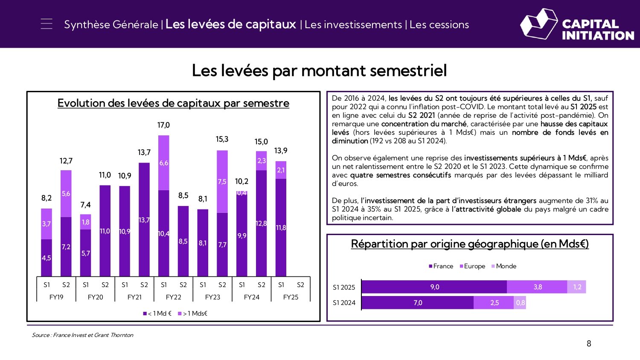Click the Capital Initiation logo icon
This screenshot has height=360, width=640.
pyautogui.click(x=538, y=24)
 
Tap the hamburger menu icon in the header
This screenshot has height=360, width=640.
pyautogui.click(x=47, y=24)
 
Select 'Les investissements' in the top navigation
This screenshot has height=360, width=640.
pyautogui.click(x=353, y=25)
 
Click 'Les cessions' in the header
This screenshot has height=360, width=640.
pyautogui.click(x=439, y=25)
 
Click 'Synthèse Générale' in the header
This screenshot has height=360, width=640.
pyautogui.click(x=111, y=25)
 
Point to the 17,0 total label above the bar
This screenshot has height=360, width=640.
pyautogui.click(x=163, y=125)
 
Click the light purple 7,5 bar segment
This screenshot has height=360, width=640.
pyautogui.click(x=222, y=181)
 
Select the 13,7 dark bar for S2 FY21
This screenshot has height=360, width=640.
pyautogui.click(x=144, y=219)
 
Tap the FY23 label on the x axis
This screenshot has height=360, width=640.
pyautogui.click(x=212, y=297)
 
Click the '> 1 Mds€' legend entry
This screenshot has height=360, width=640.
pyautogui.click(x=192, y=314)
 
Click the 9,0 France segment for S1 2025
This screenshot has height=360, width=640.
pyautogui.click(x=434, y=287)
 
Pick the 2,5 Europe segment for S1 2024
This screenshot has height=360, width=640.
pyautogui.click(x=494, y=303)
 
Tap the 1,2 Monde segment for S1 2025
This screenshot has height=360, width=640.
pyautogui.click(x=577, y=287)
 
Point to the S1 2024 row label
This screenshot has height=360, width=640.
pyautogui.click(x=344, y=303)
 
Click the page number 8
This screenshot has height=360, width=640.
pyautogui.click(x=589, y=344)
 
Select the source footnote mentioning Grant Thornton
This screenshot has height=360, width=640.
pyautogui.click(x=82, y=335)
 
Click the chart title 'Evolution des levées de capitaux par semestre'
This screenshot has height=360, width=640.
pyautogui.click(x=173, y=103)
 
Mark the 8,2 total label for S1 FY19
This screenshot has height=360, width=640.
pyautogui.click(x=47, y=198)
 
